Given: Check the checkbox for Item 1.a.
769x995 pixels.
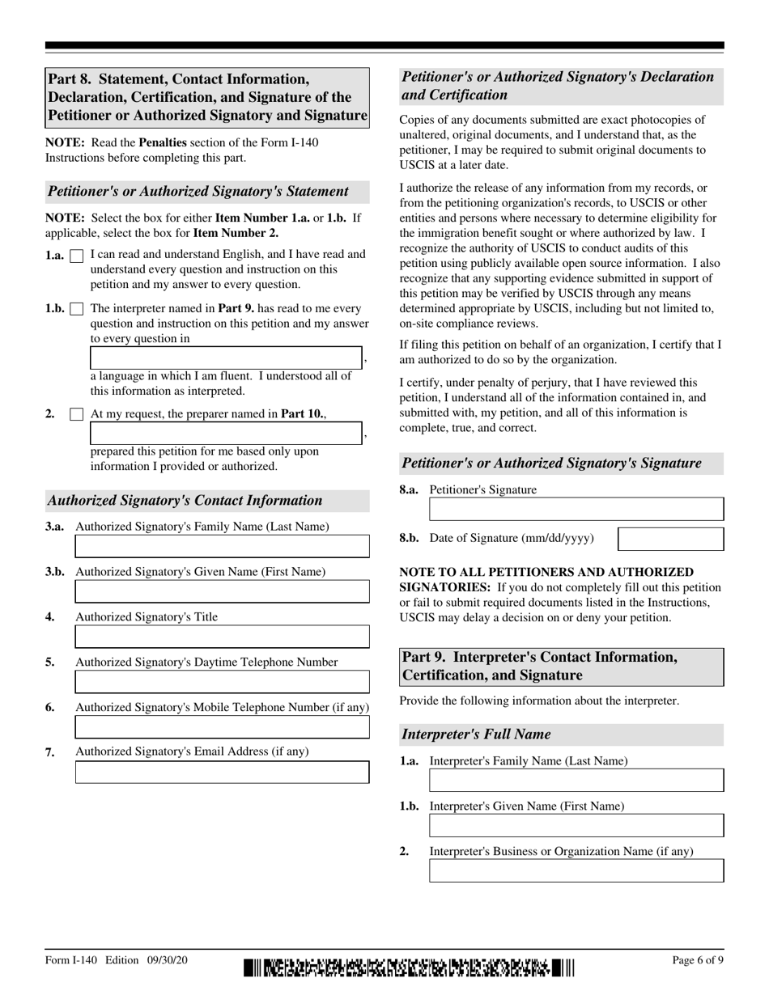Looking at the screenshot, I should point(77,256).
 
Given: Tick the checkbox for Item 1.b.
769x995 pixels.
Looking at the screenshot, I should point(77,309).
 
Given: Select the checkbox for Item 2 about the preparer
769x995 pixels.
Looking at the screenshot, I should point(77,414).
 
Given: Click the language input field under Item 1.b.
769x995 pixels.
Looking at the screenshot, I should point(225,358).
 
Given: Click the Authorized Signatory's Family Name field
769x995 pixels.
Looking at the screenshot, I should point(222,547).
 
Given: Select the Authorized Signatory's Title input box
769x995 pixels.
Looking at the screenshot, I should point(222,637).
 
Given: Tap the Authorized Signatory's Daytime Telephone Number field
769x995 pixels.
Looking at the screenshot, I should point(222,682).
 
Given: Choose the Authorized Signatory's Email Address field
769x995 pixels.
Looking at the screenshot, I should point(222,773).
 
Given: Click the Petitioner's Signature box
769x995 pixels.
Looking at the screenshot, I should point(576,510).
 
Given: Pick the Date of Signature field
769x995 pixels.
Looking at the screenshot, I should point(670,539).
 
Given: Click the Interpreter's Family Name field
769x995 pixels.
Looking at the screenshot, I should point(576,781).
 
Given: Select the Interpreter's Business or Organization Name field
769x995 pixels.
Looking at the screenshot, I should point(576,871).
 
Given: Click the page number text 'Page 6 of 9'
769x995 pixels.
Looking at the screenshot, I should point(698,960).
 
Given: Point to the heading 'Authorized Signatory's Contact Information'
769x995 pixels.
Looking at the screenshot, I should point(185,501).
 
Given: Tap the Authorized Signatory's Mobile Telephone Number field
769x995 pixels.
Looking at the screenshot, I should point(222,727).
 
